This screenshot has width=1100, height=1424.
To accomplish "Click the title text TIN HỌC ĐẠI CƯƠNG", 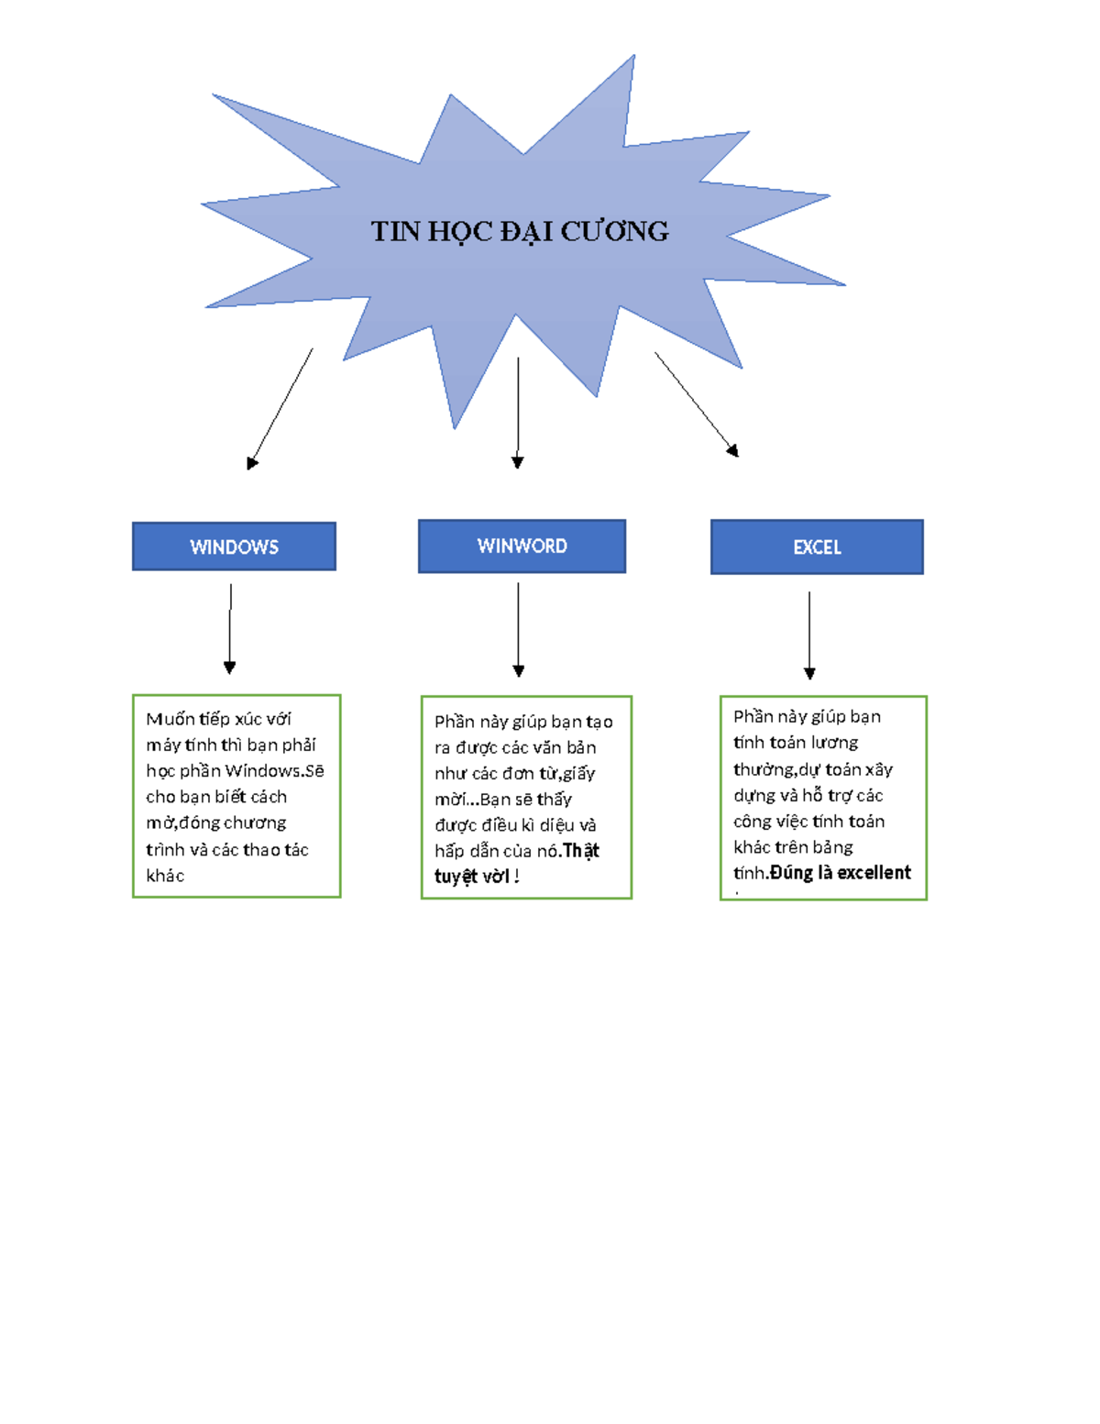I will click(x=519, y=231).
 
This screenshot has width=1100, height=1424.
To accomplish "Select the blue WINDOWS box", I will click(x=234, y=546).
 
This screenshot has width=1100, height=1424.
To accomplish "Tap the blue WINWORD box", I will click(x=522, y=546).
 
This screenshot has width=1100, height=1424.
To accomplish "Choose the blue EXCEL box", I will click(x=817, y=547).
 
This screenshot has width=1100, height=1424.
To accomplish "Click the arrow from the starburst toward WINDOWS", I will click(x=280, y=409).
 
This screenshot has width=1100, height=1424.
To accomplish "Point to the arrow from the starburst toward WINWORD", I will click(x=518, y=413).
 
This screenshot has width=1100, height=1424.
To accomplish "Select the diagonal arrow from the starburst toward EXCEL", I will click(x=696, y=403).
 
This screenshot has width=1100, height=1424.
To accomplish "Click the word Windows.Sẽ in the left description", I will click(x=274, y=771).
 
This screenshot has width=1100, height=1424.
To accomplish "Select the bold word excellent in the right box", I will click(x=874, y=873).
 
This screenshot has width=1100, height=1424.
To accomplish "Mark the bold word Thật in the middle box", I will click(x=581, y=851).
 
